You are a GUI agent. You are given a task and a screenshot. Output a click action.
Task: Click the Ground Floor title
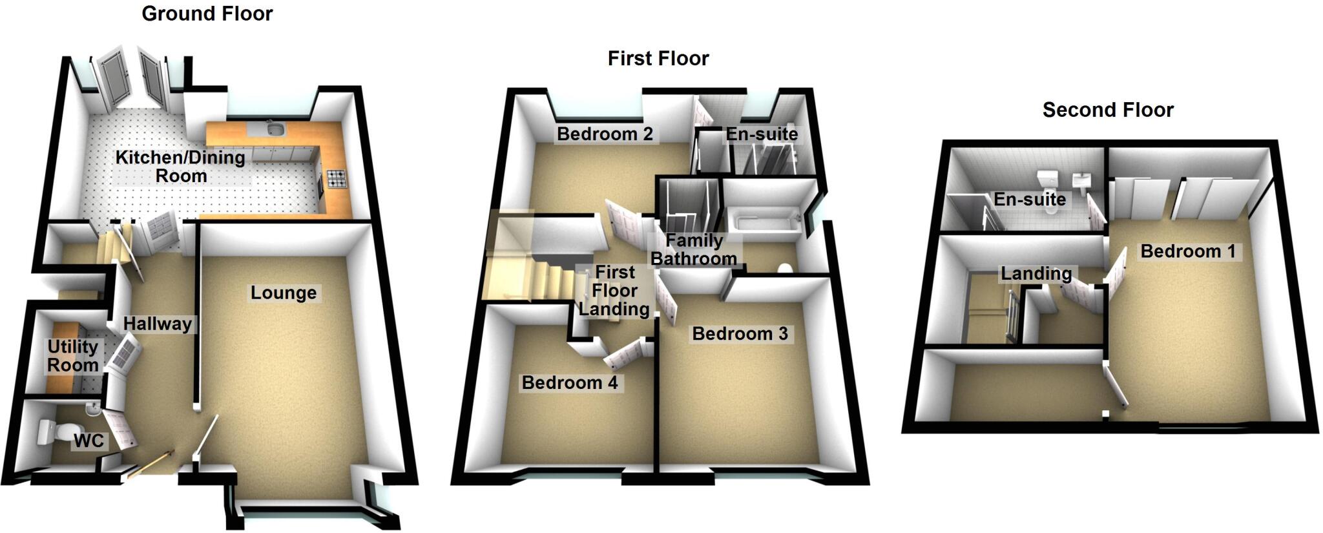[x=207, y=14]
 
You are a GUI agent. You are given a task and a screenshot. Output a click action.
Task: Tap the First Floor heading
[x=658, y=59]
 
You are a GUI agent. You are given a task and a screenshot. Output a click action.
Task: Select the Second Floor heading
[x=1107, y=110]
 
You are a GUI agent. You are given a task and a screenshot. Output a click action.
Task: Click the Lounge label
[x=283, y=293]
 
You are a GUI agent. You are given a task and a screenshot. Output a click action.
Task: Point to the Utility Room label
[x=72, y=356]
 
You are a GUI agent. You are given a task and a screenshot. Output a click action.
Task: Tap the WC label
[x=89, y=441]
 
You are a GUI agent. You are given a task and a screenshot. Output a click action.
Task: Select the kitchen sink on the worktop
[x=275, y=130]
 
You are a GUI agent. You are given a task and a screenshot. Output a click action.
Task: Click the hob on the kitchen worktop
[x=336, y=178]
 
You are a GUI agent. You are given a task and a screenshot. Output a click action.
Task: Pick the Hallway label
[x=158, y=324]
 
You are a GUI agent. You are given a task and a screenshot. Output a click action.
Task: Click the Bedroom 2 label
[x=605, y=134]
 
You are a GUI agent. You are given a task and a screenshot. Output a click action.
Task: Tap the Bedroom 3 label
[x=740, y=334]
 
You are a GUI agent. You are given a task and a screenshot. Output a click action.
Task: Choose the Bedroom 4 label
[x=569, y=383]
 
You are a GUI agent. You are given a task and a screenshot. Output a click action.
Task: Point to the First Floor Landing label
[x=614, y=291]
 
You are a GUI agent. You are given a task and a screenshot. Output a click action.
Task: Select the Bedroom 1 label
[x=1187, y=251]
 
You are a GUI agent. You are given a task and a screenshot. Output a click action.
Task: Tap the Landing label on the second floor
[x=1036, y=274]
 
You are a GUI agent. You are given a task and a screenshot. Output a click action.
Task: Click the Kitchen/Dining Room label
[x=180, y=167]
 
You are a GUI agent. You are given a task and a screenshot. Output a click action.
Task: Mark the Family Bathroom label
[x=694, y=250]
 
